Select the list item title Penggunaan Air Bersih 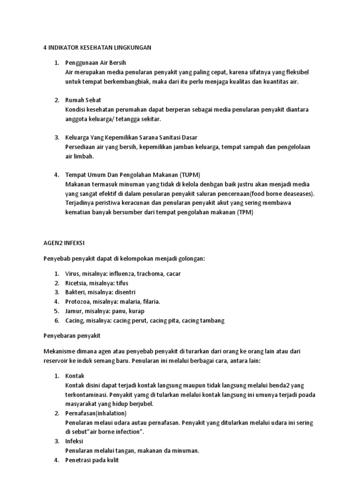(96, 62)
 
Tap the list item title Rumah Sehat (83, 100)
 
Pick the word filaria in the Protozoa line (151, 301)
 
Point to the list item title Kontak (75, 376)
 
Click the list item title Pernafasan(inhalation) (96, 413)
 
